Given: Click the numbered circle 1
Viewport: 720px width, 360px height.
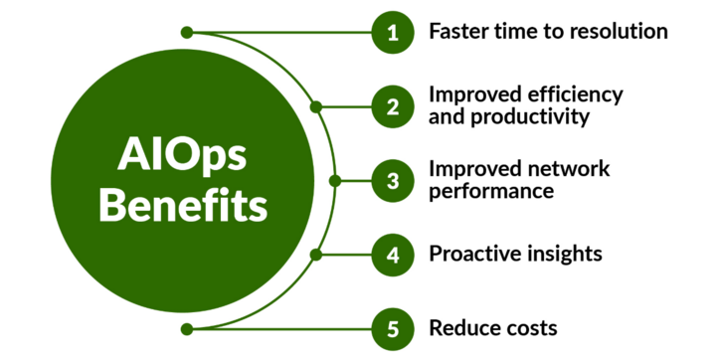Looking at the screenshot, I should tap(393, 32).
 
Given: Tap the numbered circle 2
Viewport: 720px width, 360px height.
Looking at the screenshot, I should tap(393, 105).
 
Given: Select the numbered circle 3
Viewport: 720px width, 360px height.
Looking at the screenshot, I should tap(393, 180).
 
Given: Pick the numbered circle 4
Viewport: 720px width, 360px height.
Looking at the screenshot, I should tap(393, 254).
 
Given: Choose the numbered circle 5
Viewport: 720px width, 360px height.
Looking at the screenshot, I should tap(393, 327).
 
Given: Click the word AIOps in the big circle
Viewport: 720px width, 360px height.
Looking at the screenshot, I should tap(183, 156).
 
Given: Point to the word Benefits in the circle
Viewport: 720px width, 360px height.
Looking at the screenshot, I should tap(183, 207).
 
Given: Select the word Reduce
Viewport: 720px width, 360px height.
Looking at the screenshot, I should tap(461, 327).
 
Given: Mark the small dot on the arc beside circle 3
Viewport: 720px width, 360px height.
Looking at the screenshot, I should tap(334, 181).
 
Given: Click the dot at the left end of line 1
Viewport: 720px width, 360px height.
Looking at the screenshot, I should tap(187, 32).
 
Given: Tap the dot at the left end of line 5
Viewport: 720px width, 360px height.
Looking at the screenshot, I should tap(187, 327).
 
